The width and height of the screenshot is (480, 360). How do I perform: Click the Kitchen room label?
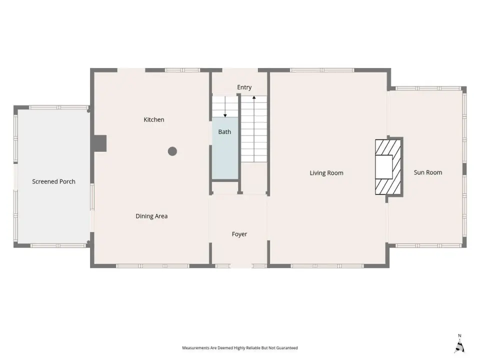154,119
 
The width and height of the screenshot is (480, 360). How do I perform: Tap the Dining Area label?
151,216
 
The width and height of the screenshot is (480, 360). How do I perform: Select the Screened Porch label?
53,181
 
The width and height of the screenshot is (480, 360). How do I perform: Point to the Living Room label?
326,173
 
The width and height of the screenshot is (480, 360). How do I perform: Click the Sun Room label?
428,172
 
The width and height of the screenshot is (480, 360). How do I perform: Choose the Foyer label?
239,234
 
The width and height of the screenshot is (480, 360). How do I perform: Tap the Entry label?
244,87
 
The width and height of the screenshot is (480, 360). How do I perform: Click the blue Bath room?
225,148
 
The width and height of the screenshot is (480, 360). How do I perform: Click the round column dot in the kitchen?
172,151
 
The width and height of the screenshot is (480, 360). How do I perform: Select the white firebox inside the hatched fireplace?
384,167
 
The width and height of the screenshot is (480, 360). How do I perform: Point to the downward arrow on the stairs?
225,106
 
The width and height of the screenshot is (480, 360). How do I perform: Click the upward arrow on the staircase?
254,129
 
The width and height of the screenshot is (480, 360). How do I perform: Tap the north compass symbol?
459,344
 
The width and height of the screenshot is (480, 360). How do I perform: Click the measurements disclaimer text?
240,348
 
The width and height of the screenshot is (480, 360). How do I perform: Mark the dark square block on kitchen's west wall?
100,143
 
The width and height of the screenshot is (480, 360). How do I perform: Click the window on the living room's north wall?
322,70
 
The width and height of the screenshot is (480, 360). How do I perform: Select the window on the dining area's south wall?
153,266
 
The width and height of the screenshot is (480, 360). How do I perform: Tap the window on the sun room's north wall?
428,88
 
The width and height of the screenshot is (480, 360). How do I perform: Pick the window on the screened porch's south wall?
58,245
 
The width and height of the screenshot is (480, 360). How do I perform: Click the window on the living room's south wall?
327,266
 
